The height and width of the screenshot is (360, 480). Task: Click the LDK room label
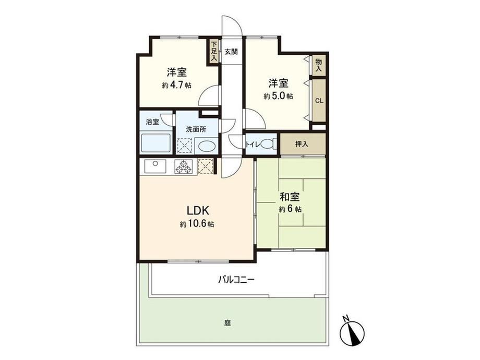[198, 211]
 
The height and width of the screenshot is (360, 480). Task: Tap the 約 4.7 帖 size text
[177, 86]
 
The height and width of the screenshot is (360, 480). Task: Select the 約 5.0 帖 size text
[278, 96]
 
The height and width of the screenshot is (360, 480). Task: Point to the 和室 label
[289, 197]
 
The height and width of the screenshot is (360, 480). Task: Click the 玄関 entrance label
[231, 52]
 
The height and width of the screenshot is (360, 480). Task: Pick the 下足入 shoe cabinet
[214, 52]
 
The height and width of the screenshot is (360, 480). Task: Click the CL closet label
[319, 101]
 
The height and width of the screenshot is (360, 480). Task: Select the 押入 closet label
[302, 144]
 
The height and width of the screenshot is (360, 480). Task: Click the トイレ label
[253, 145]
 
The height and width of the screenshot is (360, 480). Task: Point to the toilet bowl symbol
[269, 144]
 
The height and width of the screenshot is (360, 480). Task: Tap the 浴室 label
[152, 122]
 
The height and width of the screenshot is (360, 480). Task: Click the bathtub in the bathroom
[155, 143]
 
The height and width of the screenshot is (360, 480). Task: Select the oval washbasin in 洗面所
[206, 146]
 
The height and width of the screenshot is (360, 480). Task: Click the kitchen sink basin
[155, 166]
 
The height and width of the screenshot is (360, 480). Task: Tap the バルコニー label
[236, 280]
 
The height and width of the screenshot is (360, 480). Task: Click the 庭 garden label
[227, 322]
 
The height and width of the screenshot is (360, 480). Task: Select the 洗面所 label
[196, 129]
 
